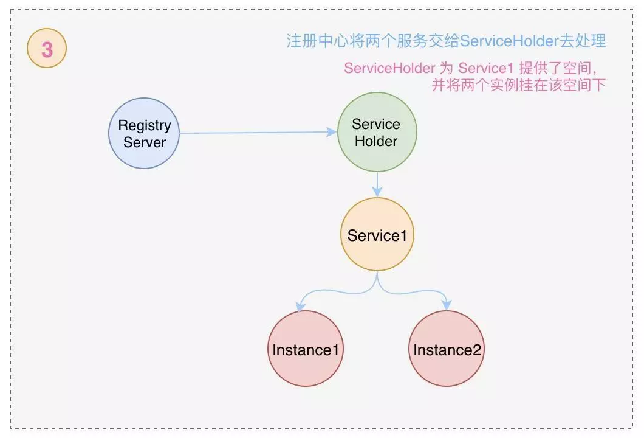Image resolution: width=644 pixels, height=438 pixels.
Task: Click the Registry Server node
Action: coord(145,133)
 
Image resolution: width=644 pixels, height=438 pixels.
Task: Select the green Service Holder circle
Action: coord(377,132)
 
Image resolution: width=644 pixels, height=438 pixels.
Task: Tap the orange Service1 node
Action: coord(377,235)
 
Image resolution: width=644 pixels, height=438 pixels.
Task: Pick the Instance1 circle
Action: coord(305,349)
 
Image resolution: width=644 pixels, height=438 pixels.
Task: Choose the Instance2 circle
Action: coord(447,349)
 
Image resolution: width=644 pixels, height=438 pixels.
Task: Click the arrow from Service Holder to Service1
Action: coord(377,184)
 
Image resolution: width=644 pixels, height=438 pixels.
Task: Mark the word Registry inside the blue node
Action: coord(145,125)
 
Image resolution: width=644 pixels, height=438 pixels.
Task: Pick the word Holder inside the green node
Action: coord(376,141)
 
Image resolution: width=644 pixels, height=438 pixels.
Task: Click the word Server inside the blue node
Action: coord(145,142)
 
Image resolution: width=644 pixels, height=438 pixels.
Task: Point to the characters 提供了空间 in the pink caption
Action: coord(556,68)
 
